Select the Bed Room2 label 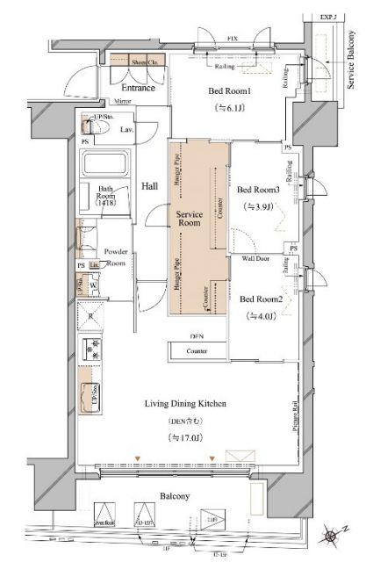coord(261,297)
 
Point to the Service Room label coord(190,219)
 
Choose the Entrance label coord(138,88)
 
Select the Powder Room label coord(117,256)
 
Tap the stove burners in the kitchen coord(91,349)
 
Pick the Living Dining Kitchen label coord(186,403)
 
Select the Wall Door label coord(255,259)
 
